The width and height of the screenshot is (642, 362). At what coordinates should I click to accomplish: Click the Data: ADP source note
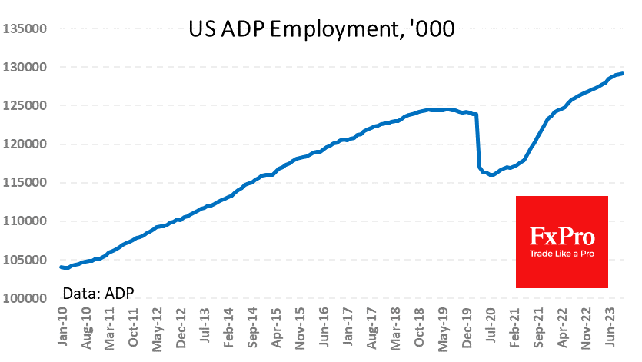98,293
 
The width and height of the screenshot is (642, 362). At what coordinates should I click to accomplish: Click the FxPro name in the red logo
561,236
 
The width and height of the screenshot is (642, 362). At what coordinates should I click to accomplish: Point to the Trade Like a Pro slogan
561,254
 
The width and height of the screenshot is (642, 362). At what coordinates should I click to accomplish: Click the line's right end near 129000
622,74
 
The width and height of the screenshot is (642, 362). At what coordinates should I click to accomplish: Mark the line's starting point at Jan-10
61,267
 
